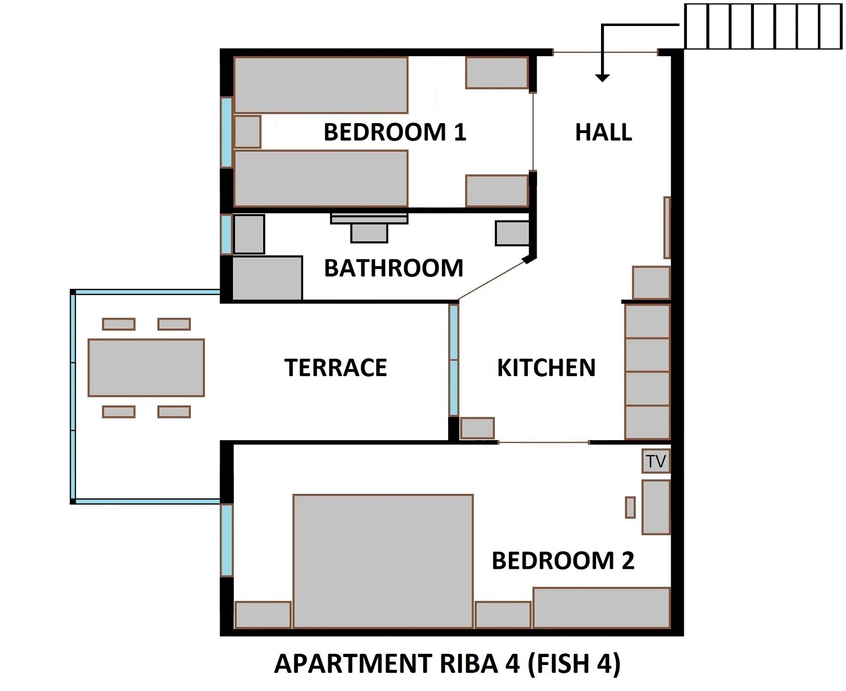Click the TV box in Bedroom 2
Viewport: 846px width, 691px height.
(x=656, y=461)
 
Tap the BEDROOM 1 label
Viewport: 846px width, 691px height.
(x=395, y=132)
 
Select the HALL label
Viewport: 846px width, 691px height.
(x=603, y=132)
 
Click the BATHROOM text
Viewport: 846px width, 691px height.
(x=393, y=268)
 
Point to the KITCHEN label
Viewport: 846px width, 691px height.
(x=546, y=368)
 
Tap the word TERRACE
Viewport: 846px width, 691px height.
(x=335, y=368)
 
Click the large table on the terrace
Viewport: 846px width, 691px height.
(x=146, y=368)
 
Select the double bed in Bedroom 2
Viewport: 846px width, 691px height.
(x=383, y=560)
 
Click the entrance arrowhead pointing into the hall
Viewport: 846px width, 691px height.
(x=602, y=78)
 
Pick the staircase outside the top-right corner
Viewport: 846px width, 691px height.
(x=763, y=26)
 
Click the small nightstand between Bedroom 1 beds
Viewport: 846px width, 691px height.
(x=247, y=132)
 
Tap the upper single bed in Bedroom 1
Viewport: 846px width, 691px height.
(x=321, y=85)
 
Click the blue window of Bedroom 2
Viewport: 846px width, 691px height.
(x=226, y=540)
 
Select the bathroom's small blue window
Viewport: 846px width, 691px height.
(x=226, y=234)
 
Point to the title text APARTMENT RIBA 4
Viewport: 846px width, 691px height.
(x=447, y=664)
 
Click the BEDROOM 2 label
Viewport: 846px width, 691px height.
(x=563, y=561)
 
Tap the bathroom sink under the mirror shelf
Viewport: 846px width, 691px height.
(x=369, y=233)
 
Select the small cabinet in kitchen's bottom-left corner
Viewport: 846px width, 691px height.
(x=477, y=428)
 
